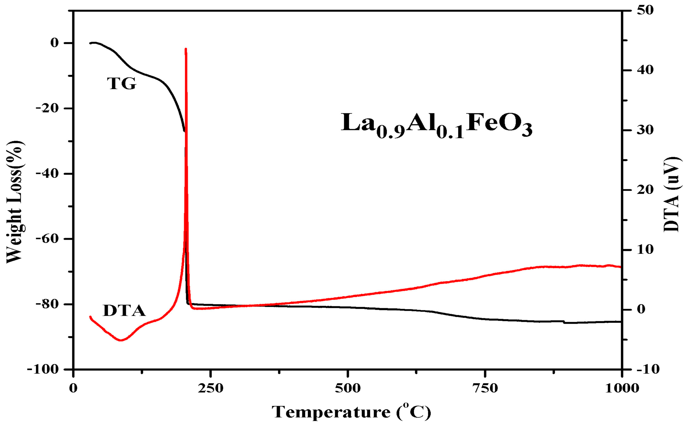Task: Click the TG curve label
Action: click(x=122, y=84)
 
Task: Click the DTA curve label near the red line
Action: click(x=124, y=311)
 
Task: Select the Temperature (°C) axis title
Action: click(x=351, y=412)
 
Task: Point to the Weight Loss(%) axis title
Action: click(x=15, y=202)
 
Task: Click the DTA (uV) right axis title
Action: click(x=672, y=195)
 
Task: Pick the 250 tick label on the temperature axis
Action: click(x=210, y=388)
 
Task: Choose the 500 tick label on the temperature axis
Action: click(x=347, y=388)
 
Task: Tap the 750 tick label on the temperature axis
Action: click(x=485, y=388)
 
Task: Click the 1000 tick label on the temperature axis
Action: click(x=622, y=388)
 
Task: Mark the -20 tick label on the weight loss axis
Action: click(x=47, y=108)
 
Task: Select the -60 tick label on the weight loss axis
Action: click(x=47, y=239)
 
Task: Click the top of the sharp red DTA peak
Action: click(x=186, y=49)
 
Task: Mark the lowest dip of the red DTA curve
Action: click(x=120, y=340)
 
